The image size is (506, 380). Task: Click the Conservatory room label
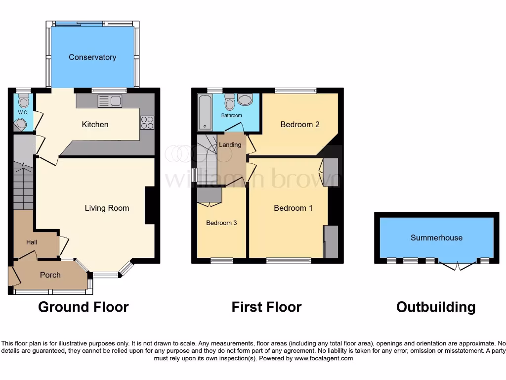point(92,57)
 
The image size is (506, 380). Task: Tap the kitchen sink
point(110,101)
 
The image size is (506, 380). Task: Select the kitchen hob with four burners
point(147,122)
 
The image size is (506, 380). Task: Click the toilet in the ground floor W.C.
point(23,102)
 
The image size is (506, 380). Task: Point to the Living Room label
point(107,208)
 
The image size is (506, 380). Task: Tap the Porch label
point(50,275)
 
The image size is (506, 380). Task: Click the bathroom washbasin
point(244,100)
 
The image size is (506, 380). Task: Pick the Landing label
point(230,145)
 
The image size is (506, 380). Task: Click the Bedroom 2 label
point(300,125)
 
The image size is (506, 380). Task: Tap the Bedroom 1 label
point(293,208)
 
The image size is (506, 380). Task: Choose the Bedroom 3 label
point(221,223)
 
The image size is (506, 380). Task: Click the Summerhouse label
point(436,238)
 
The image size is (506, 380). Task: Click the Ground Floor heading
point(83,307)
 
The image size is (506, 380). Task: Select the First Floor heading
point(266,307)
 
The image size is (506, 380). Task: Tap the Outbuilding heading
point(436,307)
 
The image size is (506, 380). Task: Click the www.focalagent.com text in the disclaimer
point(324,358)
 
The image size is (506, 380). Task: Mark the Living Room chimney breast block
point(149,205)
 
